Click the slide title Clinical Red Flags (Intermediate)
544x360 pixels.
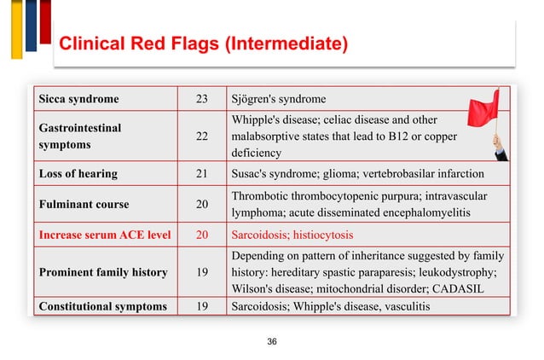(x=201, y=43)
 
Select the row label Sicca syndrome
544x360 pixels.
(x=76, y=98)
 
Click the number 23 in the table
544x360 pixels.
(x=202, y=98)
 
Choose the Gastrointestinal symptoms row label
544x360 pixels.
(x=76, y=136)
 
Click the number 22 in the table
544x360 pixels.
(x=202, y=136)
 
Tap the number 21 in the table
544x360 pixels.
(x=202, y=174)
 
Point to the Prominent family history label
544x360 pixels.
(x=101, y=272)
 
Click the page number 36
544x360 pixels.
(x=272, y=342)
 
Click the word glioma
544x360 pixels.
(x=344, y=174)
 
